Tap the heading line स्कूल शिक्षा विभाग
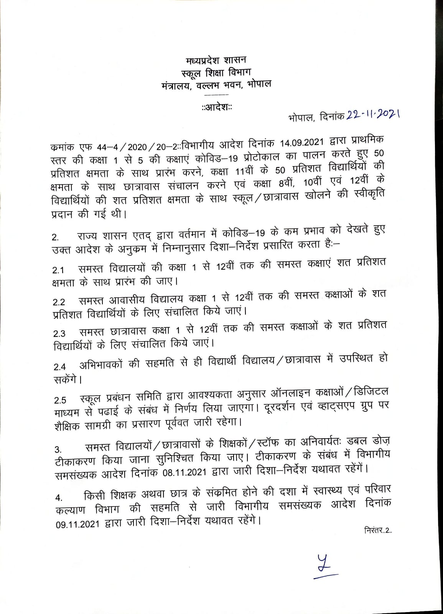(216, 72)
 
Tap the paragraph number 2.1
(58, 271)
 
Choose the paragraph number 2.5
(59, 401)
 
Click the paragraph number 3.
(58, 449)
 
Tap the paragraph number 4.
(59, 498)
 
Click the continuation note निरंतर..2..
(377, 531)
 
